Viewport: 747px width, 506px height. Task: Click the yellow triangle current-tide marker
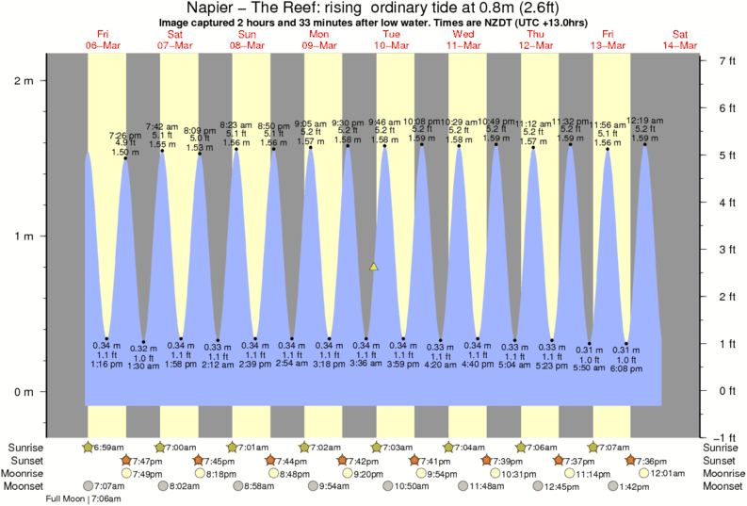[x=374, y=268]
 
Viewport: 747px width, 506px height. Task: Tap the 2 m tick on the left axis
[x=28, y=80]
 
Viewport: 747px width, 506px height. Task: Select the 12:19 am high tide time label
[x=645, y=120]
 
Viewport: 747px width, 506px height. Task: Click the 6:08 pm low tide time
[x=626, y=368]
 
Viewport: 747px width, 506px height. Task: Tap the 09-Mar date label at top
[x=319, y=45]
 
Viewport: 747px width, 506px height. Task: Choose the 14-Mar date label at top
[x=679, y=45]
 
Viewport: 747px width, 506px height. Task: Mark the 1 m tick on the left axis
[x=28, y=236]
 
